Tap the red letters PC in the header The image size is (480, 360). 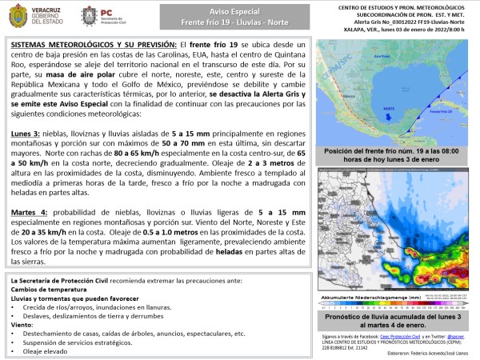[109, 11]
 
